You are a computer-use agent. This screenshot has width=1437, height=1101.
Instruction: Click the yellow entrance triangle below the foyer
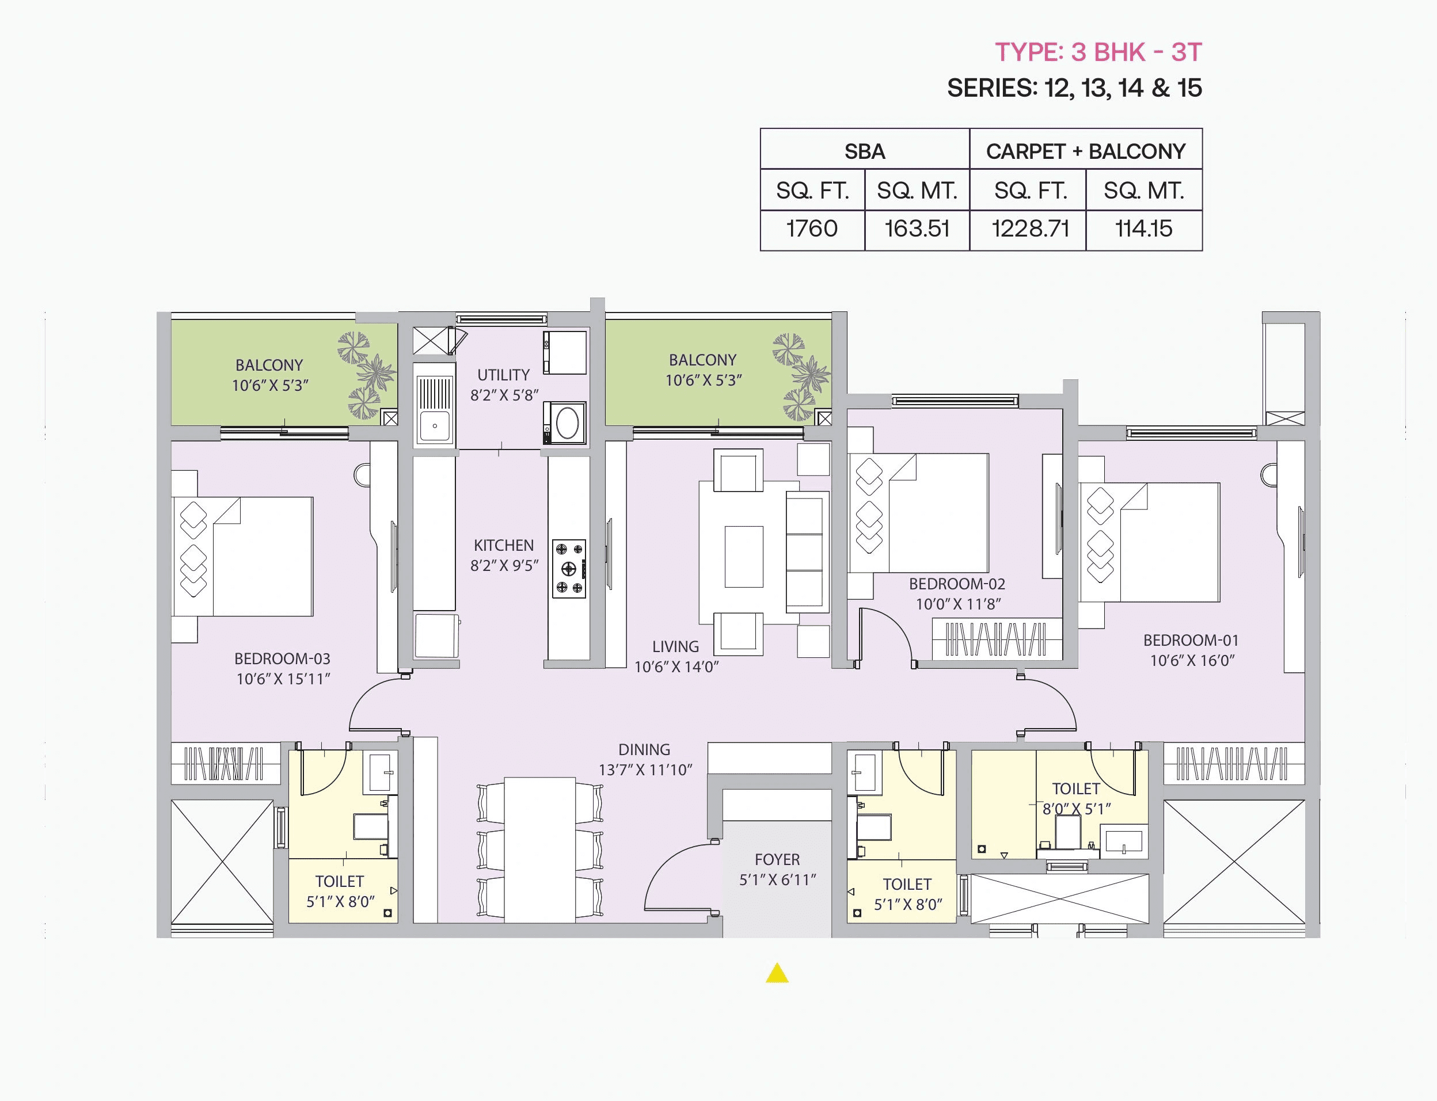777,974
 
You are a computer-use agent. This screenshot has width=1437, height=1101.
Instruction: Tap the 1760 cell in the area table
812,228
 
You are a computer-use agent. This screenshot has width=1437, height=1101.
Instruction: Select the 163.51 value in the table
917,228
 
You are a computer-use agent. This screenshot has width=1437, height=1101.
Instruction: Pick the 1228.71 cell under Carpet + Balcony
1030,228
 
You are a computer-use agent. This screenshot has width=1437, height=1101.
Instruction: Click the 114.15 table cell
1143,228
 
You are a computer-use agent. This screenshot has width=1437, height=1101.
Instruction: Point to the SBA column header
864,151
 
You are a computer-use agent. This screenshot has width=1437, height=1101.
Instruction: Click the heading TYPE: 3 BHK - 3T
1098,52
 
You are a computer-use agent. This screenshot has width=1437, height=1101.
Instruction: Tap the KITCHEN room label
504,545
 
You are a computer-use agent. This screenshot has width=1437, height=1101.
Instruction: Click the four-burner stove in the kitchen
568,568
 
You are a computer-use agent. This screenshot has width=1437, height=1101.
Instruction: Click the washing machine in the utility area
565,422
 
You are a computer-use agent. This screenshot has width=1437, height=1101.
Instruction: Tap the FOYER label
777,859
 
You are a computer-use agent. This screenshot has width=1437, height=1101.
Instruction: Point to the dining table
539,850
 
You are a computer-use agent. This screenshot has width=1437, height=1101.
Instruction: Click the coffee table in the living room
743,557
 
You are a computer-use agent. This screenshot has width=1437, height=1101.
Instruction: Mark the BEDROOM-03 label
282,658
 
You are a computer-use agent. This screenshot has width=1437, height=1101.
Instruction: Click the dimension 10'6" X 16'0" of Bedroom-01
1192,661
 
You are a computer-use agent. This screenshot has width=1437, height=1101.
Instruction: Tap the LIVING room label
675,647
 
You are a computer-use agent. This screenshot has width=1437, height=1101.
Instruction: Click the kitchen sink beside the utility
434,410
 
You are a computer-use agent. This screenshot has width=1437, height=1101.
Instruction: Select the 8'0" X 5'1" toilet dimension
1077,809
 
